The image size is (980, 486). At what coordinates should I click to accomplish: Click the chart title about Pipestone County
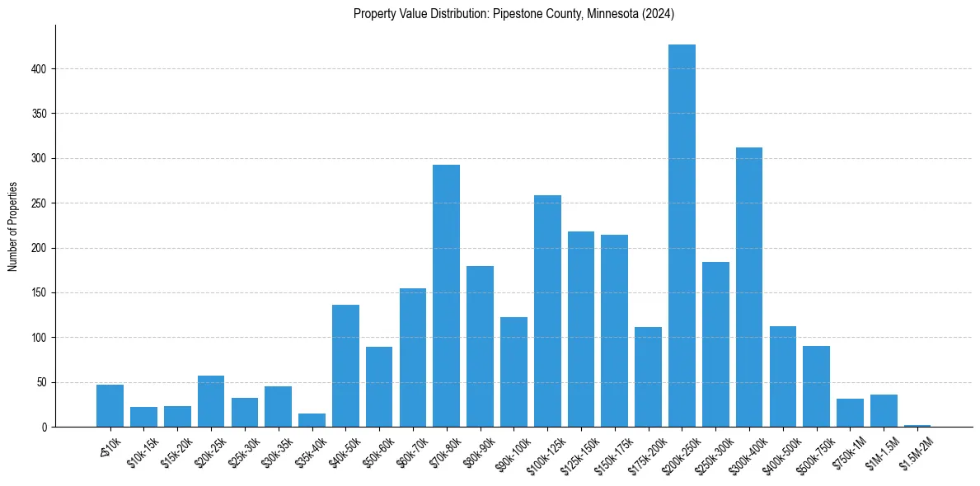click(x=513, y=14)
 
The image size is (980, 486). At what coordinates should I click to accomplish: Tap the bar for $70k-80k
click(x=446, y=296)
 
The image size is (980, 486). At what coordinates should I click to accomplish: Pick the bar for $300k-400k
click(x=749, y=287)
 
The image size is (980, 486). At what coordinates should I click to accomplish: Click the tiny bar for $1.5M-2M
click(x=917, y=426)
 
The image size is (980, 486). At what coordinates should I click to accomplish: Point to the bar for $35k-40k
click(x=312, y=420)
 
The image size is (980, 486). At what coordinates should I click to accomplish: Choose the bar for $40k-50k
click(x=345, y=366)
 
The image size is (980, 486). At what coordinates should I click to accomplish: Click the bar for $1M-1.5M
click(x=884, y=411)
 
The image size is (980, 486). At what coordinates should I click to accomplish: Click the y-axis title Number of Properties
click(x=13, y=227)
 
